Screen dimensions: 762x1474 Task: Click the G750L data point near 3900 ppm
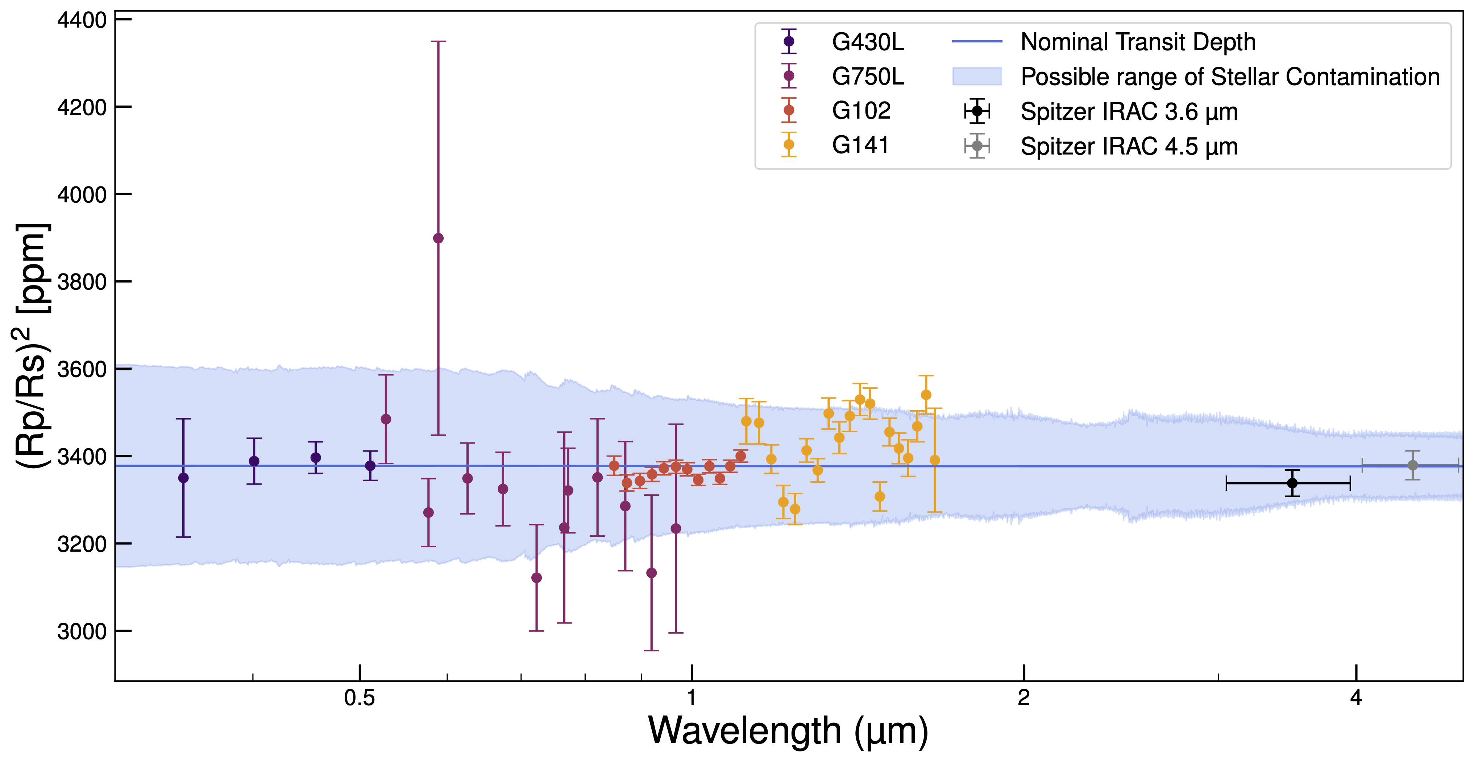point(438,238)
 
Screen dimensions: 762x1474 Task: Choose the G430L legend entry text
point(867,42)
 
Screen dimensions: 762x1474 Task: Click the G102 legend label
point(861,111)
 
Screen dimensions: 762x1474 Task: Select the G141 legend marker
point(789,144)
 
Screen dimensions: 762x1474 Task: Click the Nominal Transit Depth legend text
point(1138,42)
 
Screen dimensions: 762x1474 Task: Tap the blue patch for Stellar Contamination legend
point(977,76)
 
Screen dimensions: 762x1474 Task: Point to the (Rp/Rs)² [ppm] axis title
point(33,345)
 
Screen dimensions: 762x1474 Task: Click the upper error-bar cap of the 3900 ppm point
point(438,41)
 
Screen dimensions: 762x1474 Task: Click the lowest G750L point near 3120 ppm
point(536,578)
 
